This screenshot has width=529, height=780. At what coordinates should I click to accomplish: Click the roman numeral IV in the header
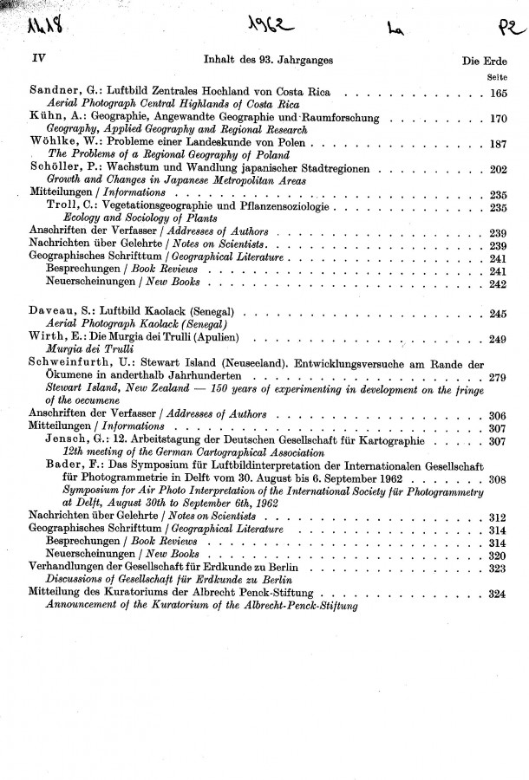(36, 60)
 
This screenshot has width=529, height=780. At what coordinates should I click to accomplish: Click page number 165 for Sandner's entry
(498, 92)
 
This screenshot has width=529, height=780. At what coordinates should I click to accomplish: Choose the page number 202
(498, 169)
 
